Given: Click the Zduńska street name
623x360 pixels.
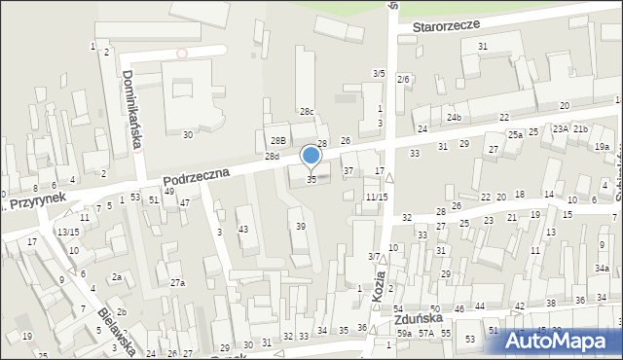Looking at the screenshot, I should [x=419, y=319].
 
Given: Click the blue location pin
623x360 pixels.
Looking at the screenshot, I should [x=311, y=156].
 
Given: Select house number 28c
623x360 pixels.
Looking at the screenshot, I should [x=307, y=112].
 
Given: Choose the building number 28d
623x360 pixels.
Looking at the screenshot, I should [x=273, y=157].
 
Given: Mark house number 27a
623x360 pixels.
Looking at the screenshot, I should [x=177, y=283].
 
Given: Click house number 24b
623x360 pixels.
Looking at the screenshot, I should [x=454, y=118].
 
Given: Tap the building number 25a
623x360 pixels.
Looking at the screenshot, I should [x=514, y=134].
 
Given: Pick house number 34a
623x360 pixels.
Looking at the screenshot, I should [x=603, y=269].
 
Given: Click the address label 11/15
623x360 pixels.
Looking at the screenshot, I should [x=377, y=198].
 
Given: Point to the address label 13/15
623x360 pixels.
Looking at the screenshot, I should [x=67, y=232].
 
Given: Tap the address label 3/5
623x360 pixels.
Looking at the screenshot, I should [x=379, y=73].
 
